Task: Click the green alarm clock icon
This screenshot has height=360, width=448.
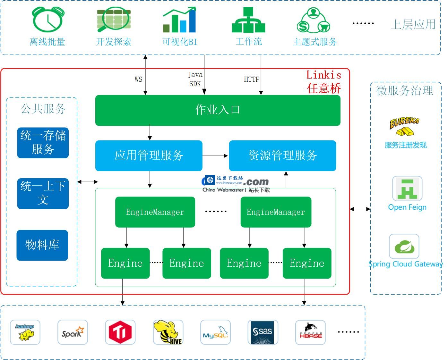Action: pyautogui.click(x=48, y=20)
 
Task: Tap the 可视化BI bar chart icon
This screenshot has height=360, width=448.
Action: pyautogui.click(x=179, y=21)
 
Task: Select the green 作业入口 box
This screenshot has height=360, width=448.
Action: pyautogui.click(x=218, y=110)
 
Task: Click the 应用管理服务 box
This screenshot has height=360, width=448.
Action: pyautogui.click(x=149, y=155)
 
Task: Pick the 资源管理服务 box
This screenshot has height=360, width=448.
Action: pyautogui.click(x=282, y=155)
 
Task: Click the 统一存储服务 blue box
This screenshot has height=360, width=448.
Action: pyautogui.click(x=43, y=143)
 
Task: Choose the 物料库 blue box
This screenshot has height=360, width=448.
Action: pyautogui.click(x=42, y=245)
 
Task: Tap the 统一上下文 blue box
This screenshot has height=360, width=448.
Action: pyautogui.click(x=43, y=193)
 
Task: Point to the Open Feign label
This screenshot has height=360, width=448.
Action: pyautogui.click(x=407, y=207)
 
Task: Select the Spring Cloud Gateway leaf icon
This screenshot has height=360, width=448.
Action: pyautogui.click(x=404, y=247)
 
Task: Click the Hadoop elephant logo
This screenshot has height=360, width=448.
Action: pyautogui.click(x=25, y=332)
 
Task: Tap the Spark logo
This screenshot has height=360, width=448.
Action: pyautogui.click(x=73, y=332)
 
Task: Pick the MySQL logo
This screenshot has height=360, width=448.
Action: pyautogui.click(x=215, y=332)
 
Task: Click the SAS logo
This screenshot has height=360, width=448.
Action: pyautogui.click(x=263, y=332)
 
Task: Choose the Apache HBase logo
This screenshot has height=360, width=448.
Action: pyautogui.click(x=310, y=332)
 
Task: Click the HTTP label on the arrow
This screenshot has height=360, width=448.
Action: pyautogui.click(x=252, y=79)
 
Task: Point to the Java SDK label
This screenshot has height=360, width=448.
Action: pyautogui.click(x=195, y=79)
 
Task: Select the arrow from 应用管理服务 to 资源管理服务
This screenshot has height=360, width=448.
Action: pyautogui.click(x=215, y=156)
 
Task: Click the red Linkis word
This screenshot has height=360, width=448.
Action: pyautogui.click(x=323, y=75)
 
